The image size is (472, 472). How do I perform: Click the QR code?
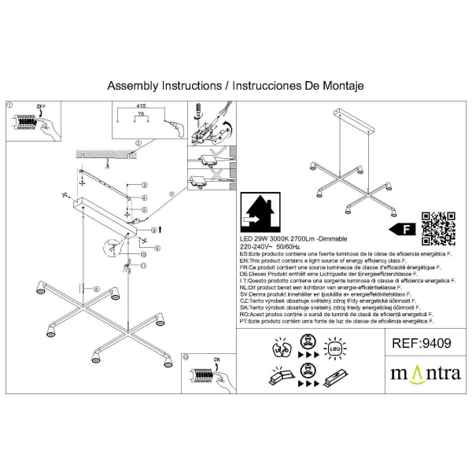point(440,228)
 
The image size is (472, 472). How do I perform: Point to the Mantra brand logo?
point(426,371)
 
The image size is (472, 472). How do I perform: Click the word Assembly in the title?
point(132,85)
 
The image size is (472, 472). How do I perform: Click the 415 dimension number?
point(142,105)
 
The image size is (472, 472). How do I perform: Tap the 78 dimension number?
point(142,115)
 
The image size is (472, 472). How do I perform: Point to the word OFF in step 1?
point(42,105)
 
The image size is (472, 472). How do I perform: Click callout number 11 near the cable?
point(144,265)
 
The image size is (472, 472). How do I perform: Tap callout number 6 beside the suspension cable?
point(96,289)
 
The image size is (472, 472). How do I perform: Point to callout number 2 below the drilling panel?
point(137,143)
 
